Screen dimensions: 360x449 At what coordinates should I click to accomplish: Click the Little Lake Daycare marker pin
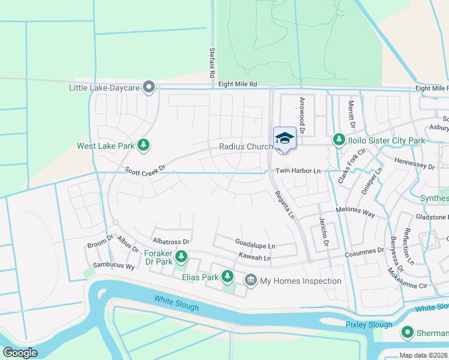click(150, 88)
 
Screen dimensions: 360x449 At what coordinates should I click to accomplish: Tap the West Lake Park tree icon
click(143, 145)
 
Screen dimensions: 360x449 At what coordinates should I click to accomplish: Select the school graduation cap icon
click(283, 139)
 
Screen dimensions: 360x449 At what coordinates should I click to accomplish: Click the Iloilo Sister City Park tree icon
click(339, 140)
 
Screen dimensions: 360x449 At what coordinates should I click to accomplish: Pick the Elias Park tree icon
click(228, 276)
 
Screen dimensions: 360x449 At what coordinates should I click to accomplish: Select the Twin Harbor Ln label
click(298, 171)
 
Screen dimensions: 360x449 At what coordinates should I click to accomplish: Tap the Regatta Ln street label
click(285, 204)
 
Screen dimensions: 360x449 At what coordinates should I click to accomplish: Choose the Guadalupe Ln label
click(255, 245)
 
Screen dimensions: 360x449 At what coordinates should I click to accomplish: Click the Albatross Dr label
click(171, 242)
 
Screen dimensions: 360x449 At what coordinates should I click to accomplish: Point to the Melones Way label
click(355, 214)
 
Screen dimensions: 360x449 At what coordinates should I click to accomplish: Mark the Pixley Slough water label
click(369, 325)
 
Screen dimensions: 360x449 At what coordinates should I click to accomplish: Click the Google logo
click(20, 352)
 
